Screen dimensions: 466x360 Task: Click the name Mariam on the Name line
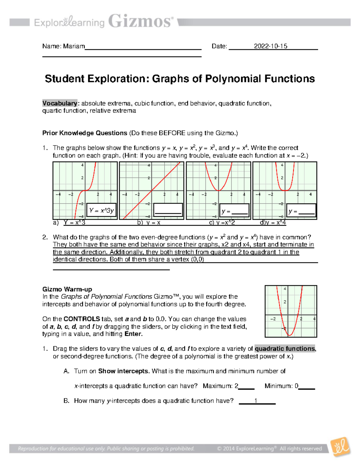click(x=74, y=46)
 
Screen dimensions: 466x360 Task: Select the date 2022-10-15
click(x=270, y=46)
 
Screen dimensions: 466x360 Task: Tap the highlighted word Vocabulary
click(x=60, y=103)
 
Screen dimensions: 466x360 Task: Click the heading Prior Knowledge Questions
click(x=85, y=133)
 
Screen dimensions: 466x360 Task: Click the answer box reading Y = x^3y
click(x=101, y=210)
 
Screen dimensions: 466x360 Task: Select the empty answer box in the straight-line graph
click(x=168, y=209)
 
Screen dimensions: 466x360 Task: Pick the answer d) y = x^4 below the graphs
click(x=273, y=223)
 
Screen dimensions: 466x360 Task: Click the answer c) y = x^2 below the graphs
click(x=222, y=223)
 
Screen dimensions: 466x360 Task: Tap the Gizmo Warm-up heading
click(x=67, y=289)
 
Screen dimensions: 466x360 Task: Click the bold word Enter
click(x=133, y=334)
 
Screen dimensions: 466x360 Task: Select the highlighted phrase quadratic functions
click(x=285, y=349)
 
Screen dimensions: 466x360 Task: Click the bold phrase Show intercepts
click(x=124, y=371)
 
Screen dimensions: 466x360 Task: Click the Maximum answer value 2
click(x=236, y=386)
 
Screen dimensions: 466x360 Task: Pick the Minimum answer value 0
click(x=296, y=386)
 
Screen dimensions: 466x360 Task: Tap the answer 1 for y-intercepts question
click(x=256, y=401)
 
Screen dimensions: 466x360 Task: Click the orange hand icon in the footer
click(x=340, y=447)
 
